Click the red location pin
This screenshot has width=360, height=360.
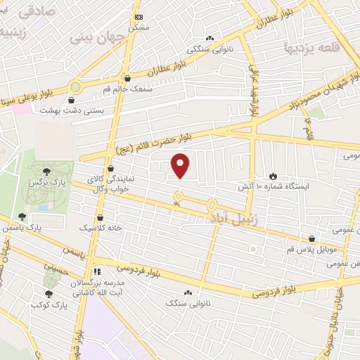[x=181, y=165]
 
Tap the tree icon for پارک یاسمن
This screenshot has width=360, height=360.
[x=22, y=217]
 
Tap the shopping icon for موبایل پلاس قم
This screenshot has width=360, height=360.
[x=311, y=238]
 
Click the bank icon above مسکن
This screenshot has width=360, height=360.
[x=139, y=16]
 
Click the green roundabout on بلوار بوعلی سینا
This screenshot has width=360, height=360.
[x=75, y=86]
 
